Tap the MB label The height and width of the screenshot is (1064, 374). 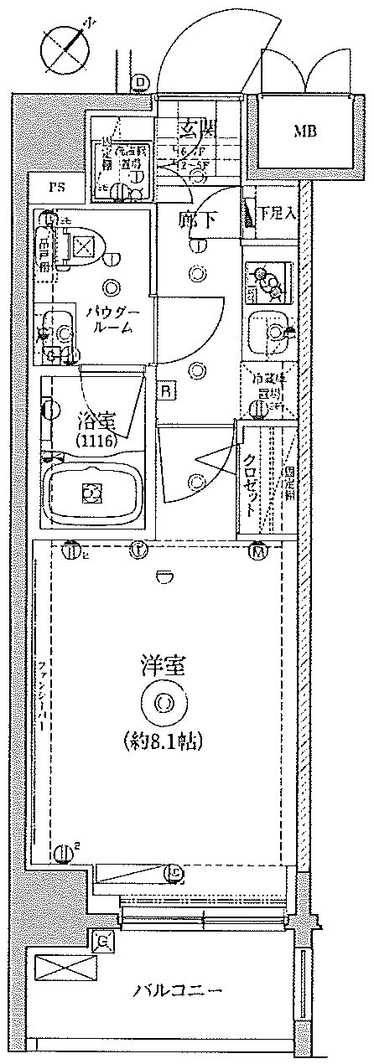click(304, 131)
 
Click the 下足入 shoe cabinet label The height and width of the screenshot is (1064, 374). click(276, 213)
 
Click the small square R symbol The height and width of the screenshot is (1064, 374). click(168, 390)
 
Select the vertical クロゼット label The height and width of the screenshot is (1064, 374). click(250, 484)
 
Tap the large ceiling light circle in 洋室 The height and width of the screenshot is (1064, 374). click(163, 702)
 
